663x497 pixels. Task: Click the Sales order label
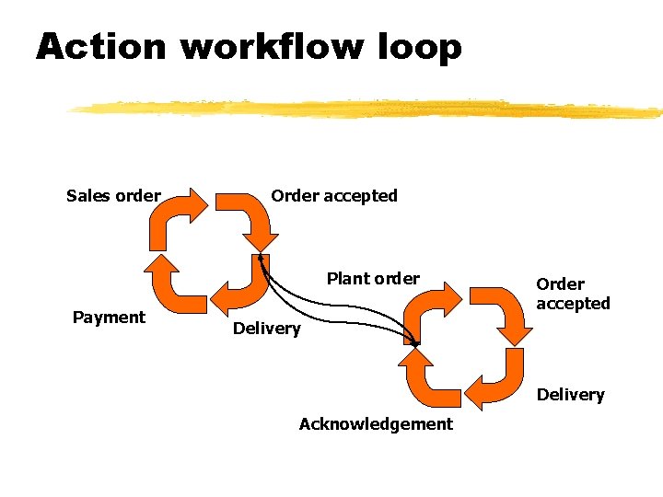113,195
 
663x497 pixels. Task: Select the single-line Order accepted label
334,195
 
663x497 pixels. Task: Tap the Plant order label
373,278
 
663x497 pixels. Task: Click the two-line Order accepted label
573,294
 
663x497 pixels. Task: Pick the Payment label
109,318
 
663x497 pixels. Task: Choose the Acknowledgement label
376,424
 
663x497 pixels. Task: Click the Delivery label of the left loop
266,329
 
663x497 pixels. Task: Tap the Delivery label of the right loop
570,395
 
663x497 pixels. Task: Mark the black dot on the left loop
261,258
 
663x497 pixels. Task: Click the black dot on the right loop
414,343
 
